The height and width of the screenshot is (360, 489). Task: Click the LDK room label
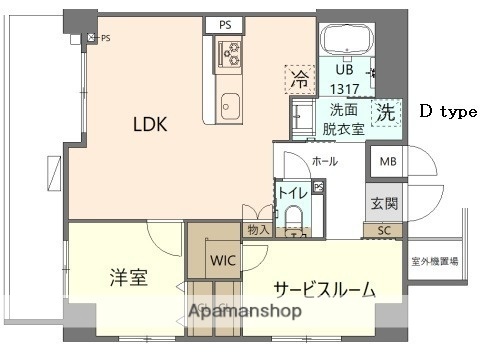[x=150, y=125]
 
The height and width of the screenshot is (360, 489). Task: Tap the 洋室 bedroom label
[x=128, y=277]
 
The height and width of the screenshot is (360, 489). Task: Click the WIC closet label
[x=223, y=262]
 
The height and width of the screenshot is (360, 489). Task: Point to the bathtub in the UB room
[x=345, y=43]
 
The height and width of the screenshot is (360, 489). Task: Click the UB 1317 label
[x=344, y=79]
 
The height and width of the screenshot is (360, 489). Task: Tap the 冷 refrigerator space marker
[x=299, y=77]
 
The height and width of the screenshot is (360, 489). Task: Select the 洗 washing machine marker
[x=384, y=112]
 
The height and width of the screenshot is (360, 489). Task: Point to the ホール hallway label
[x=324, y=161]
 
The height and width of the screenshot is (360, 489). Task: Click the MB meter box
[x=384, y=161]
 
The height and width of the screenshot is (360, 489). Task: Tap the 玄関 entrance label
[x=384, y=204]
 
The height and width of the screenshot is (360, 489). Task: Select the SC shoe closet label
[x=384, y=230]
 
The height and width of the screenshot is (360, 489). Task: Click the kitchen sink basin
[x=232, y=103]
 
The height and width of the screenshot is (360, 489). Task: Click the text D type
[x=447, y=112]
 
